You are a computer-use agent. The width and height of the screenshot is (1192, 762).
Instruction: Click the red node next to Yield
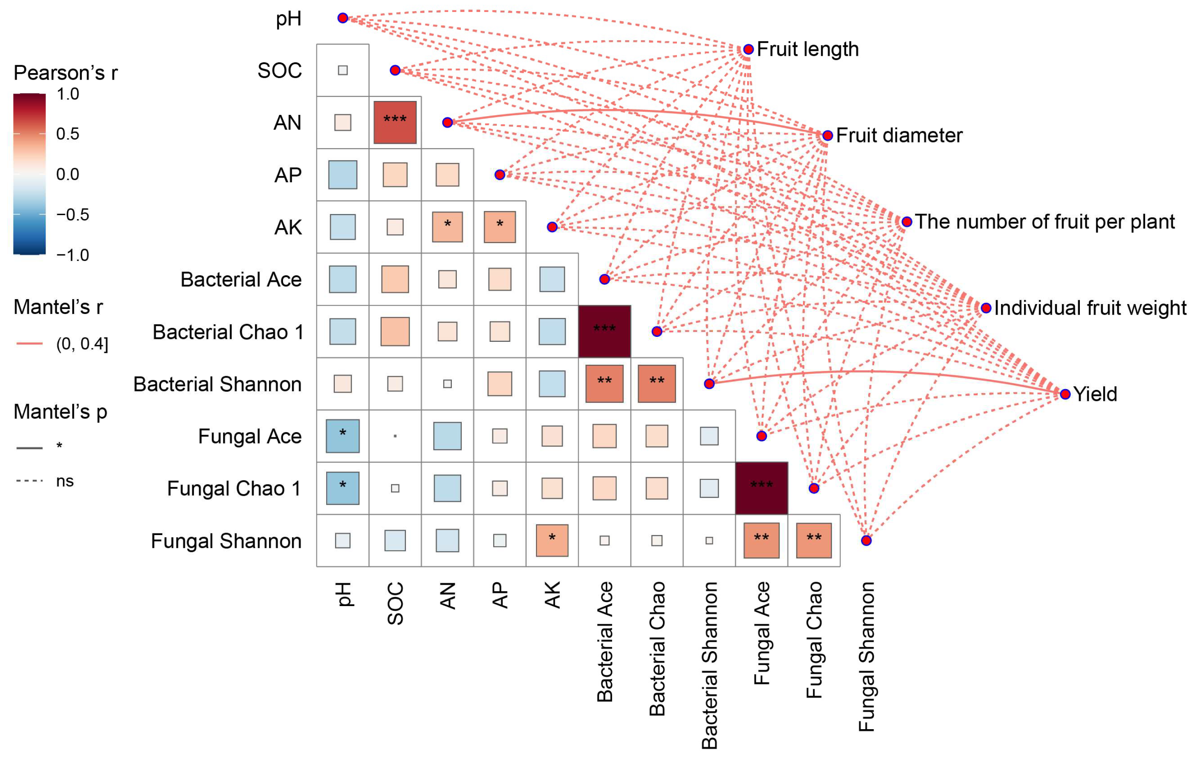pyautogui.click(x=1065, y=394)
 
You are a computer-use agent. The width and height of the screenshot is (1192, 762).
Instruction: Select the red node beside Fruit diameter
pyautogui.click(x=827, y=135)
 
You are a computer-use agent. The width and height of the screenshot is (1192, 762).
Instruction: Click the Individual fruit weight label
pyautogui.click(x=1089, y=308)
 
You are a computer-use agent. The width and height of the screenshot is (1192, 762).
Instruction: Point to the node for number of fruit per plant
pyautogui.click(x=906, y=222)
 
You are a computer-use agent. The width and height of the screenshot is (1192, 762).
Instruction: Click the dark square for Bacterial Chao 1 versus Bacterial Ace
pyautogui.click(x=604, y=331)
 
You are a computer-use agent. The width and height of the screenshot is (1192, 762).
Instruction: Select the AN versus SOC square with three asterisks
pyautogui.click(x=395, y=122)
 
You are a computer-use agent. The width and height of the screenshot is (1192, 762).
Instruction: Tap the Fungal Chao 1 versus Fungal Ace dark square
pyautogui.click(x=761, y=488)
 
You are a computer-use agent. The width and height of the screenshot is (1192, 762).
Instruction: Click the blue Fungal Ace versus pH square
pyautogui.click(x=343, y=436)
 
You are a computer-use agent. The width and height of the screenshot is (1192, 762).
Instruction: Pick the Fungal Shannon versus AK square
pyautogui.click(x=552, y=540)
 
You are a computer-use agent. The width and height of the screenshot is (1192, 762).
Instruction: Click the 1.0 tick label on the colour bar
pyautogui.click(x=68, y=94)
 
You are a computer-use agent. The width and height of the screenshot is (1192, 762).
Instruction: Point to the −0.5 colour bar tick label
pyautogui.click(x=72, y=215)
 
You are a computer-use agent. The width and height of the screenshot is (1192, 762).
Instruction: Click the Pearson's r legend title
pyautogui.click(x=65, y=73)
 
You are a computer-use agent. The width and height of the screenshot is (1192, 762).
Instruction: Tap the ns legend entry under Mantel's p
pyautogui.click(x=64, y=481)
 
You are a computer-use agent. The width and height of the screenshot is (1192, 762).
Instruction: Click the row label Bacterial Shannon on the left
pyautogui.click(x=217, y=384)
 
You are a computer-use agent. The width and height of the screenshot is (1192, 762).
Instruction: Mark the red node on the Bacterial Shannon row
pyautogui.click(x=709, y=384)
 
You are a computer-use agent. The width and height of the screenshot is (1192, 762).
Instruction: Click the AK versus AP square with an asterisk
pyautogui.click(x=500, y=227)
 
